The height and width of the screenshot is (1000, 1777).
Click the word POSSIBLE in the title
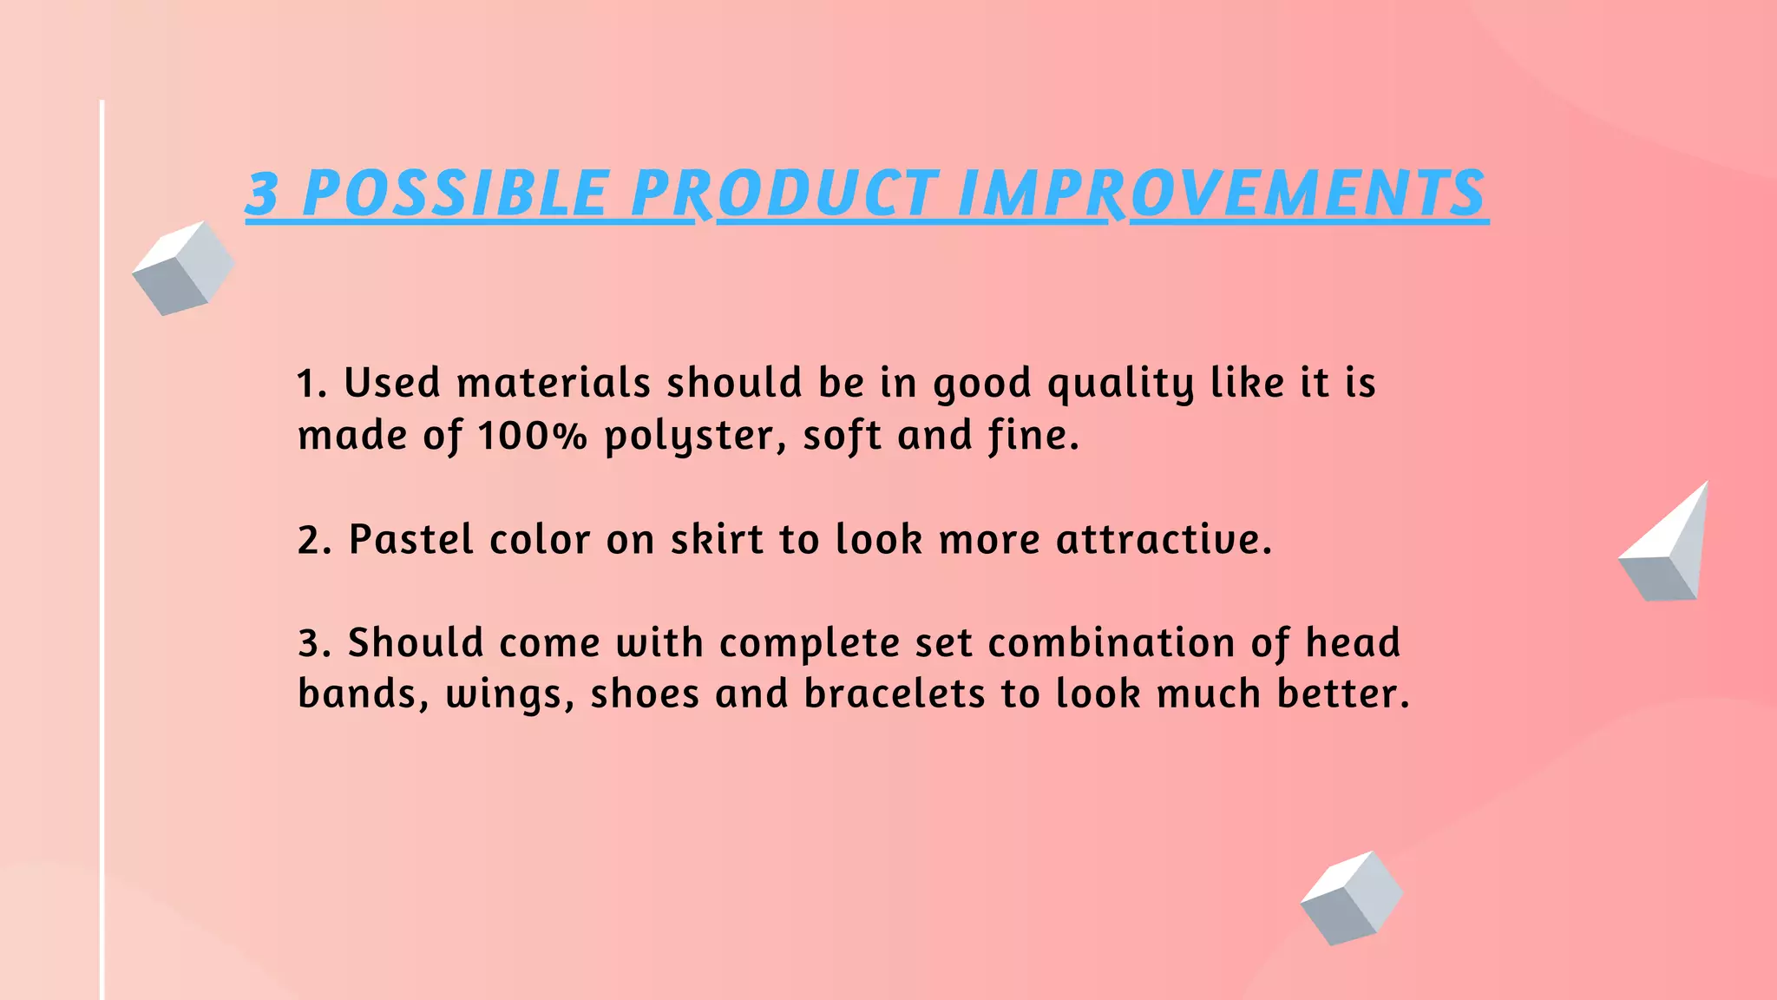click(x=455, y=193)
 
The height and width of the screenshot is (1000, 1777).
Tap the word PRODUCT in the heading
click(x=784, y=193)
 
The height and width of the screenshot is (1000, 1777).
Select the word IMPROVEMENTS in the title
click(x=1222, y=193)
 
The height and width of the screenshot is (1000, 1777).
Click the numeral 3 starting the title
click(x=262, y=193)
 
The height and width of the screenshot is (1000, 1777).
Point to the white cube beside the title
click(x=183, y=268)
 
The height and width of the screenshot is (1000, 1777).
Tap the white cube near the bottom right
click(x=1351, y=898)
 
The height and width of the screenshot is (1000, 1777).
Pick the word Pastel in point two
click(x=411, y=539)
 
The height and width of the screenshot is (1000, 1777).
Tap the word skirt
click(x=717, y=539)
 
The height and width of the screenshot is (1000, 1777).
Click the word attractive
click(x=1163, y=539)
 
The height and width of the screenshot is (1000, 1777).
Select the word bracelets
click(x=895, y=694)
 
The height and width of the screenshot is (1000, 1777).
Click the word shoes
click(x=645, y=694)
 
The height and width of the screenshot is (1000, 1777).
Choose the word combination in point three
click(x=1111, y=643)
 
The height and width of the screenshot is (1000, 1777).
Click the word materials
click(x=554, y=383)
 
